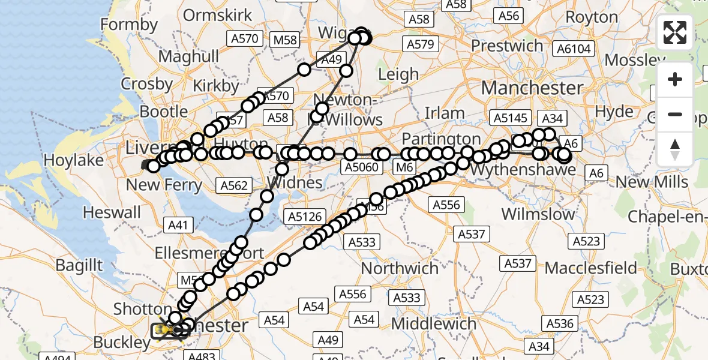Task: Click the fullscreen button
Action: (675, 32)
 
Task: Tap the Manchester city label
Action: (532, 88)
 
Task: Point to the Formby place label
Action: (129, 25)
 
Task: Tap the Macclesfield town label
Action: (591, 267)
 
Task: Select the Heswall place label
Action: (112, 212)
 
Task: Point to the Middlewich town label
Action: (433, 324)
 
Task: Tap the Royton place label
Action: (592, 17)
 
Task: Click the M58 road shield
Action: (285, 40)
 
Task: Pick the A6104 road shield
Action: (574, 49)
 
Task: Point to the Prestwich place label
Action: (507, 45)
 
